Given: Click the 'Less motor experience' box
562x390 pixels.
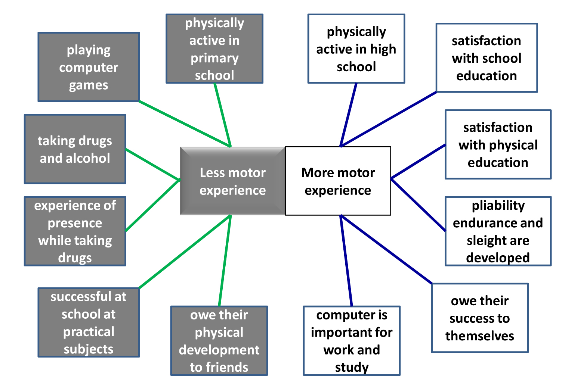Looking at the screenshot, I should pos(232,181).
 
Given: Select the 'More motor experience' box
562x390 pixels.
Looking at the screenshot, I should pos(338,181).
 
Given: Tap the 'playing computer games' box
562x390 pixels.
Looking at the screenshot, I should pos(89,67).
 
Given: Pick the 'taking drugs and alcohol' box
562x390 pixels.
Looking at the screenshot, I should pos(75,149).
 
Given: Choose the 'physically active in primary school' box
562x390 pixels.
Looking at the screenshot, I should pos(214,49).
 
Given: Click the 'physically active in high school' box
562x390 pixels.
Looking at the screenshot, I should pos(356,49).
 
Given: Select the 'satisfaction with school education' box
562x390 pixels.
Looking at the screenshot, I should pos(487,58).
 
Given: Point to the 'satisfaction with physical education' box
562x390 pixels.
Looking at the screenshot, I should pos(498,144).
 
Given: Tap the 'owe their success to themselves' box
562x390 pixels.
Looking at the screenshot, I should pos(480,318).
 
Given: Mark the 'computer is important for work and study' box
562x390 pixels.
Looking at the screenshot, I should pos(352,341).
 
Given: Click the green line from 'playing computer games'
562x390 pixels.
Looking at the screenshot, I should pos(185,124).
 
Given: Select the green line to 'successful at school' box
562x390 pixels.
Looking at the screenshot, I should pos(185,252).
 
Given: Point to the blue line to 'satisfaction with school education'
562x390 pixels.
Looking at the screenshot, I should pos(389,119).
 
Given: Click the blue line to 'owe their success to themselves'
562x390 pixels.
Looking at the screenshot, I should pos(387,249).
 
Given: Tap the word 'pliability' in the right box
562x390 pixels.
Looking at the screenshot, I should pos(498,205).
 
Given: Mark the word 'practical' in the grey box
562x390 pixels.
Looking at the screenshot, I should pos(89,331).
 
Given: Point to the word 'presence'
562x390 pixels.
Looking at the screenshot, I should pos(75,223).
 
